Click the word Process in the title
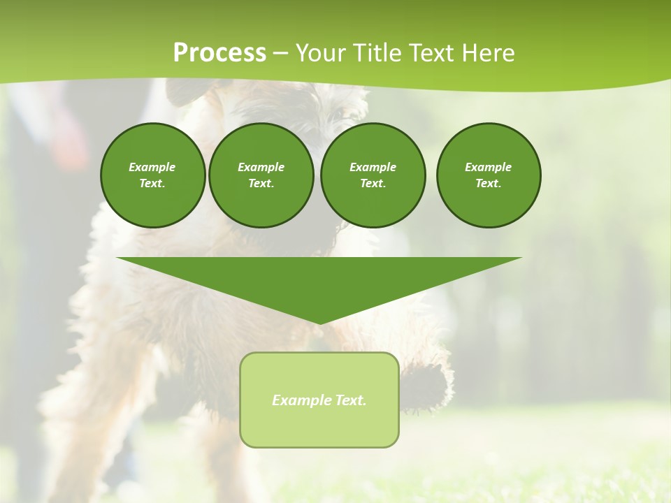coord(219,52)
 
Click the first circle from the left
coord(152,175)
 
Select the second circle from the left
coord(261,175)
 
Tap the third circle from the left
coord(373,175)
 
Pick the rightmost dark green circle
coord(489,175)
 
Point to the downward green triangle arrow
coord(319,283)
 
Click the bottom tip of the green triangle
coord(319,323)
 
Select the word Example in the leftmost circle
coord(152,167)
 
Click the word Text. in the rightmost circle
coord(489,184)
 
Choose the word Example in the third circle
coord(373,167)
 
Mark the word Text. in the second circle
coord(261,184)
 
